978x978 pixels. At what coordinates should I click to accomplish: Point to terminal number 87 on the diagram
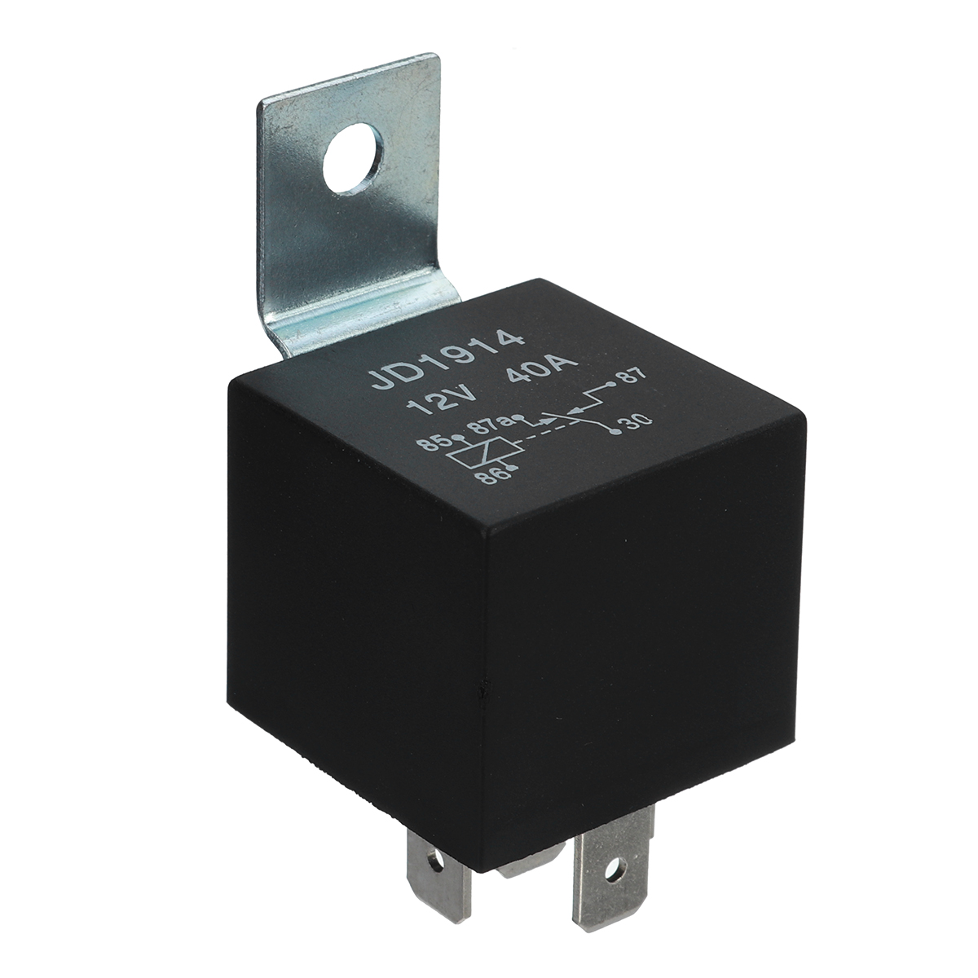pos(633,377)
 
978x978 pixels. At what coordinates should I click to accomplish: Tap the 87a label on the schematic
pos(493,425)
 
